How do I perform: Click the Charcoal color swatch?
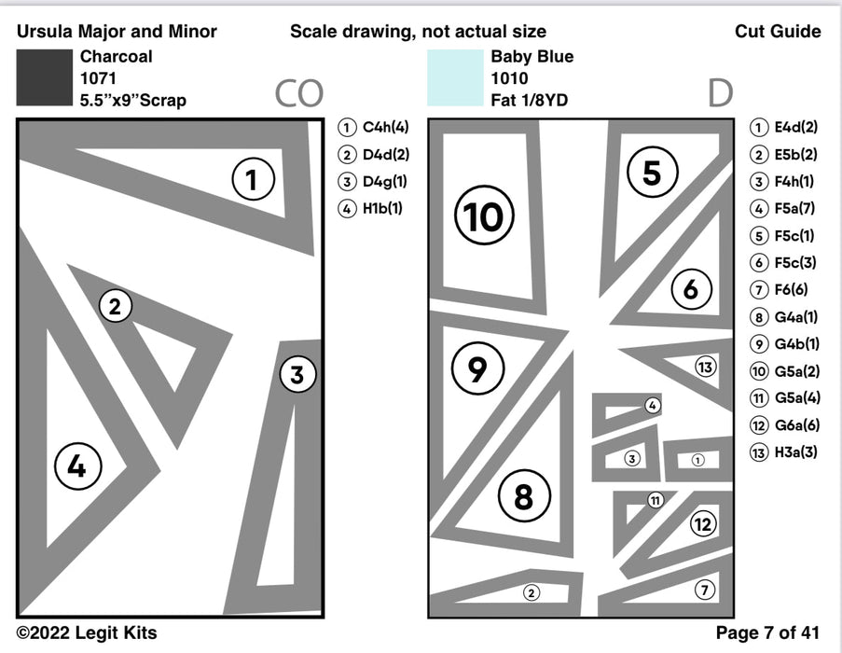point(44,77)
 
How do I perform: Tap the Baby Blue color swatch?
point(454,77)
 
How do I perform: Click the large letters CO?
point(298,93)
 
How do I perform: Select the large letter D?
point(719,93)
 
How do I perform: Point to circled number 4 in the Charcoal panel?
point(76,465)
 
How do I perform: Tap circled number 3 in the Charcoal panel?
point(297,376)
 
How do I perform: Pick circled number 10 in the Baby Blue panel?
point(483,216)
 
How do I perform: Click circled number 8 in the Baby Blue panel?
point(523,496)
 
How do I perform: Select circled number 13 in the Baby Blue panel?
point(706,368)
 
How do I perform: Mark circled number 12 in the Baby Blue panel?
point(702,524)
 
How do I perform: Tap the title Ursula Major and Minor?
point(117,32)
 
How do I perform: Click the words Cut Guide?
point(777,32)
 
